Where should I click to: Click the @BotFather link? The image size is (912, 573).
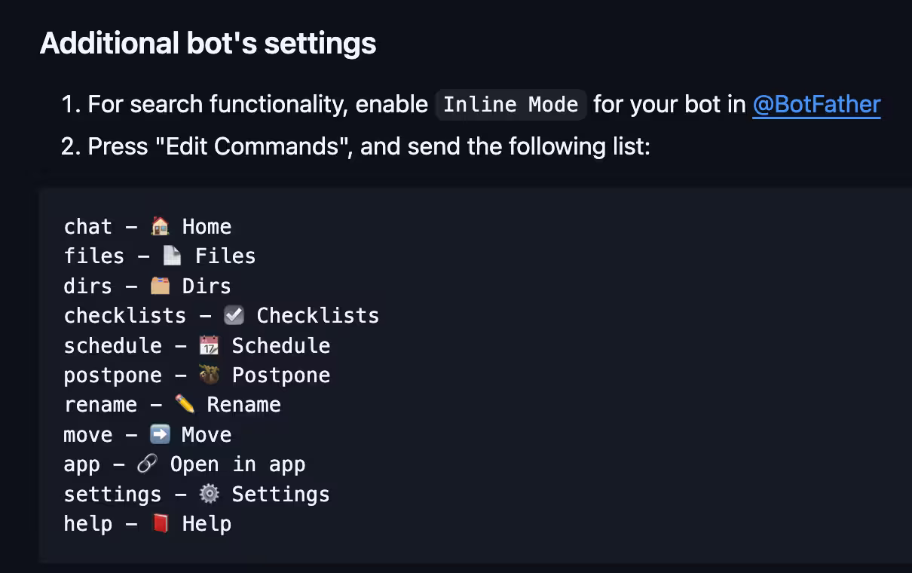[816, 105]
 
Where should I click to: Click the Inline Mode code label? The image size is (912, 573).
[510, 105]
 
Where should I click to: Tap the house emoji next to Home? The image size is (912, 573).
[160, 226]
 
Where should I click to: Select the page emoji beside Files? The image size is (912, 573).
[172, 256]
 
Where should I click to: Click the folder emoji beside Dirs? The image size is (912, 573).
[160, 286]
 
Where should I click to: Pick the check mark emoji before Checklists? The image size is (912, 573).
[234, 315]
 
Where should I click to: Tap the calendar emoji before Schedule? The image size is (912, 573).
[210, 345]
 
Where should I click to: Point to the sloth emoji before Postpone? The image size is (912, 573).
[210, 375]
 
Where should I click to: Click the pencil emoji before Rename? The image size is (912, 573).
[185, 404]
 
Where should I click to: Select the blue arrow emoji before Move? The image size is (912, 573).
[160, 434]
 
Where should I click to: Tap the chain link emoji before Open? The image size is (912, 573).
[148, 464]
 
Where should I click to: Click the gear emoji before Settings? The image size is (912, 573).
[210, 494]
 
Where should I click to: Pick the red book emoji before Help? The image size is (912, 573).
[160, 523]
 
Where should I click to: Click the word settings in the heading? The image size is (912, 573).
[320, 43]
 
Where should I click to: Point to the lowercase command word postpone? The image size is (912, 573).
[113, 375]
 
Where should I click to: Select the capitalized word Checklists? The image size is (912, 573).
[317, 315]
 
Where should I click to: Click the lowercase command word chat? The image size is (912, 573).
[88, 226]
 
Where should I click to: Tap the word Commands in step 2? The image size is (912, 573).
[277, 146]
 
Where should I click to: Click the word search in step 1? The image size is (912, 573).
[167, 104]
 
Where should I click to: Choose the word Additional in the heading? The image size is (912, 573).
[109, 43]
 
